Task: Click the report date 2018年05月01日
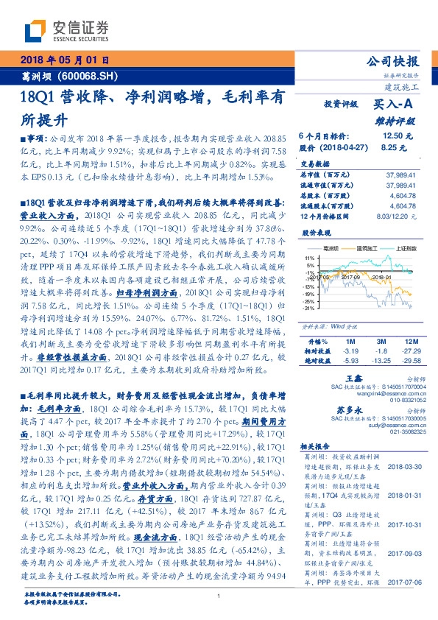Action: tap(66, 60)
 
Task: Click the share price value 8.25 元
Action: tap(394, 148)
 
